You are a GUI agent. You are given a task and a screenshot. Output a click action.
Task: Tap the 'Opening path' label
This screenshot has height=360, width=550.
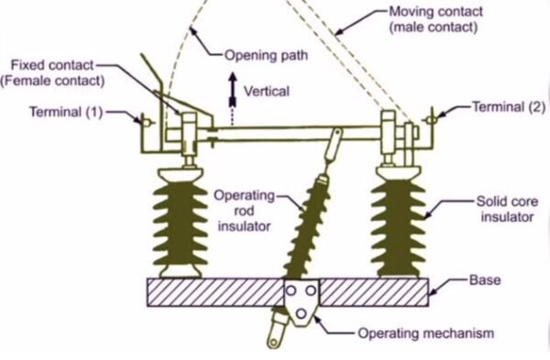263,55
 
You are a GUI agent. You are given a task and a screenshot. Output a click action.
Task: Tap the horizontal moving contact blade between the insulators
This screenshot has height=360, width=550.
293,135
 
